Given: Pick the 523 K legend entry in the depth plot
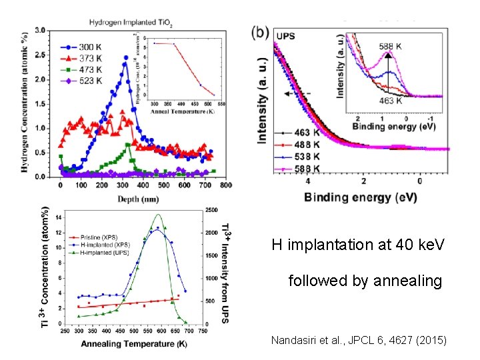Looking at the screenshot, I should pyautogui.click(x=83, y=81).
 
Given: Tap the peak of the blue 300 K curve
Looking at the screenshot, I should pyautogui.click(x=125, y=57).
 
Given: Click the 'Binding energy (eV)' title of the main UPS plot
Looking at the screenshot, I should pyautogui.click(x=361, y=197).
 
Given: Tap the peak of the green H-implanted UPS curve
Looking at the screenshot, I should pyautogui.click(x=158, y=215).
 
